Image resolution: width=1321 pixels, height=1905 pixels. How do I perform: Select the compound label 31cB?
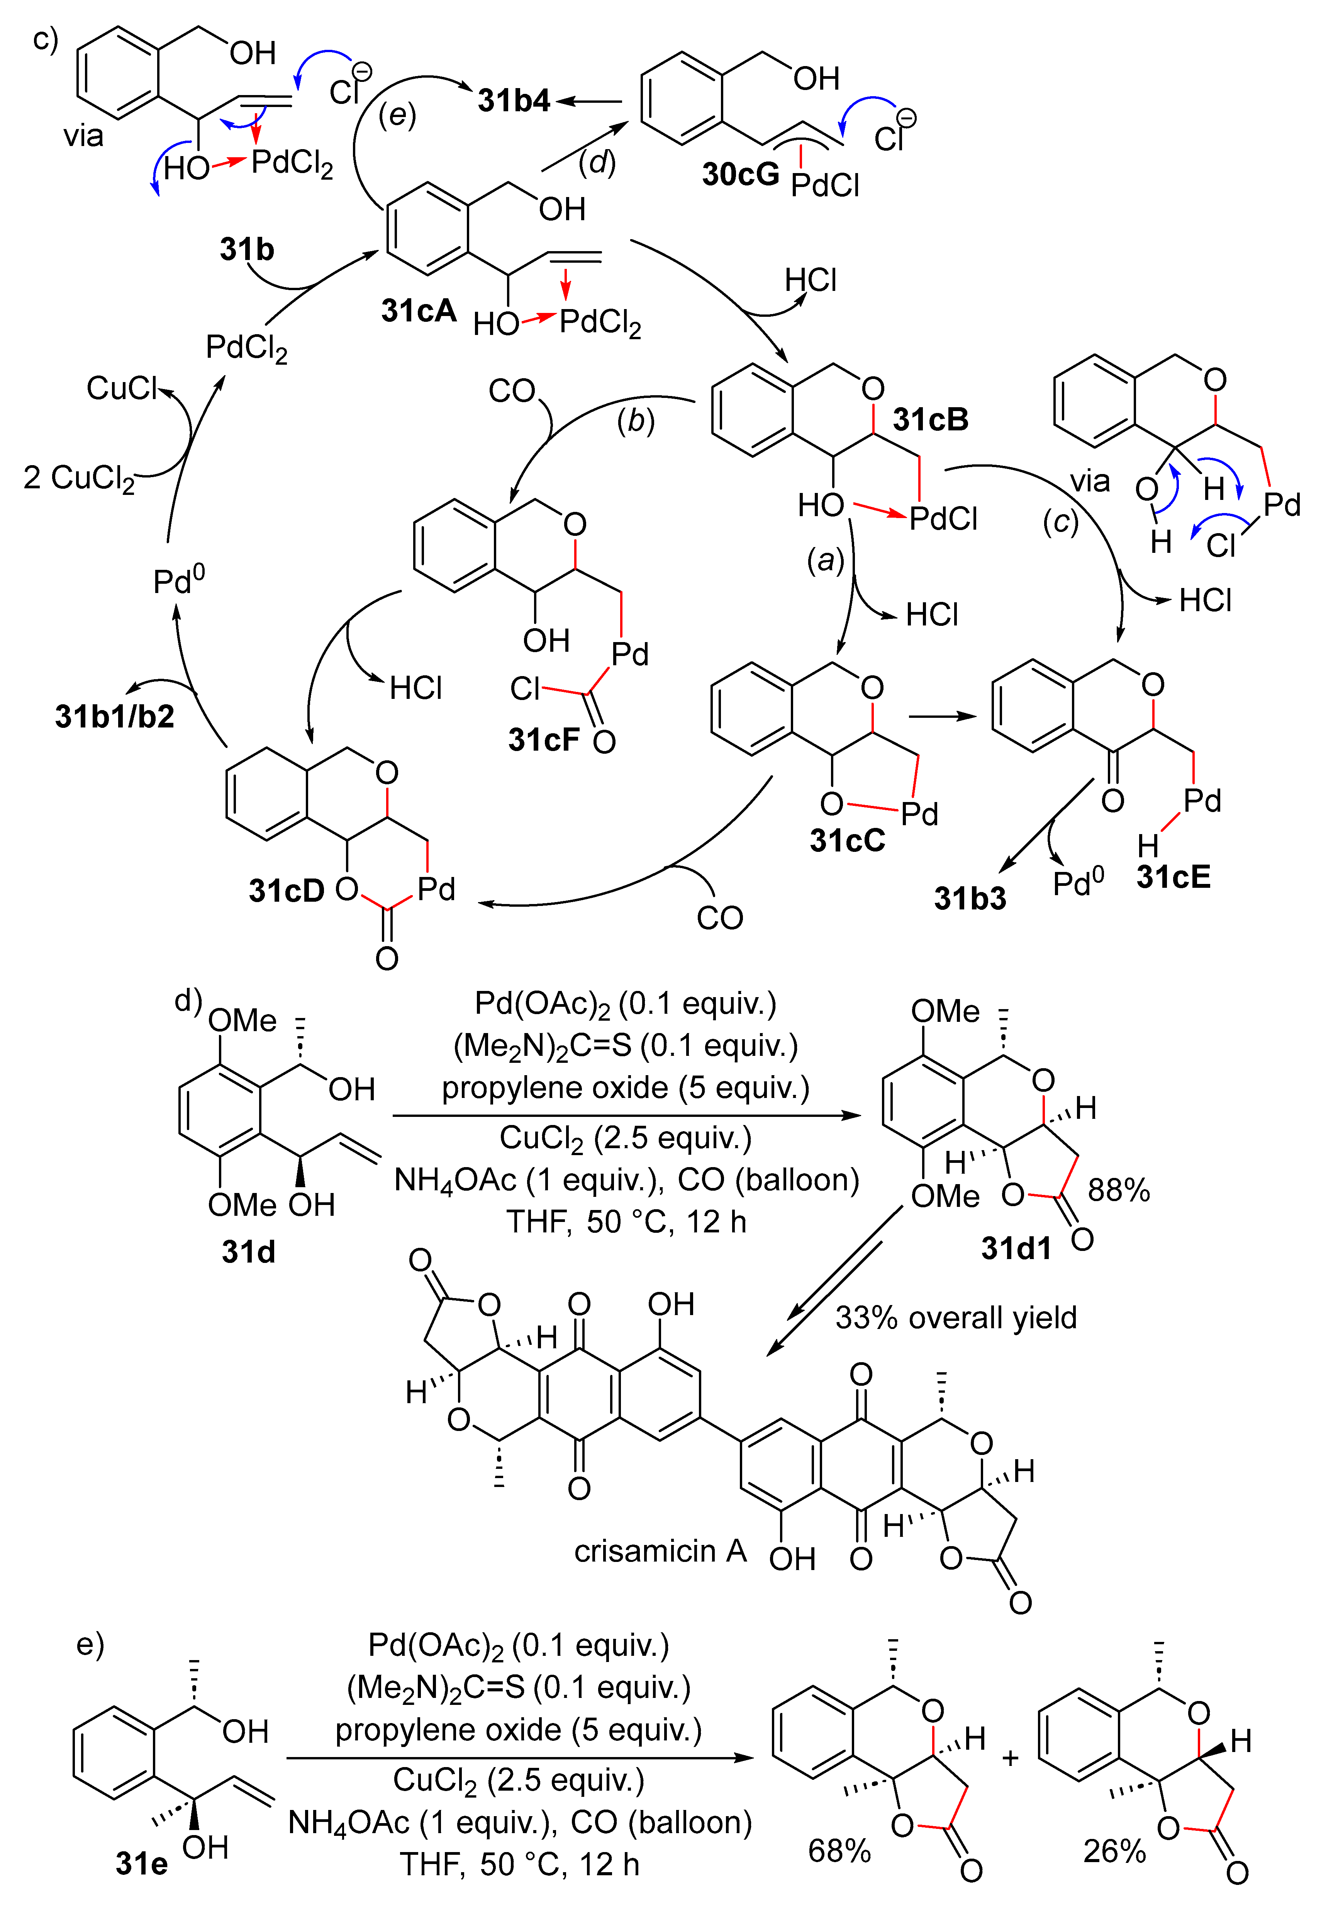pos(930,420)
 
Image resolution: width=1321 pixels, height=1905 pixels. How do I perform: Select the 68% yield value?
pos(839,1851)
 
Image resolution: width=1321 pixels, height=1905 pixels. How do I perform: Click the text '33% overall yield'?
pos(956,1317)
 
